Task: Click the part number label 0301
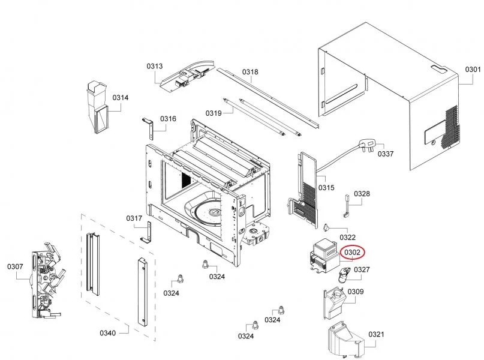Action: (x=473, y=70)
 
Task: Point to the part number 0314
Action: (x=121, y=98)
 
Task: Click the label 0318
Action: (x=250, y=72)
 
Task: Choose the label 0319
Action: (x=214, y=113)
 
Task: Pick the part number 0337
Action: (x=386, y=154)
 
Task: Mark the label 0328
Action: (x=362, y=194)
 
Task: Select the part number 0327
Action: (x=361, y=270)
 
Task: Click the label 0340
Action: (x=108, y=332)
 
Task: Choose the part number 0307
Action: (x=15, y=266)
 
